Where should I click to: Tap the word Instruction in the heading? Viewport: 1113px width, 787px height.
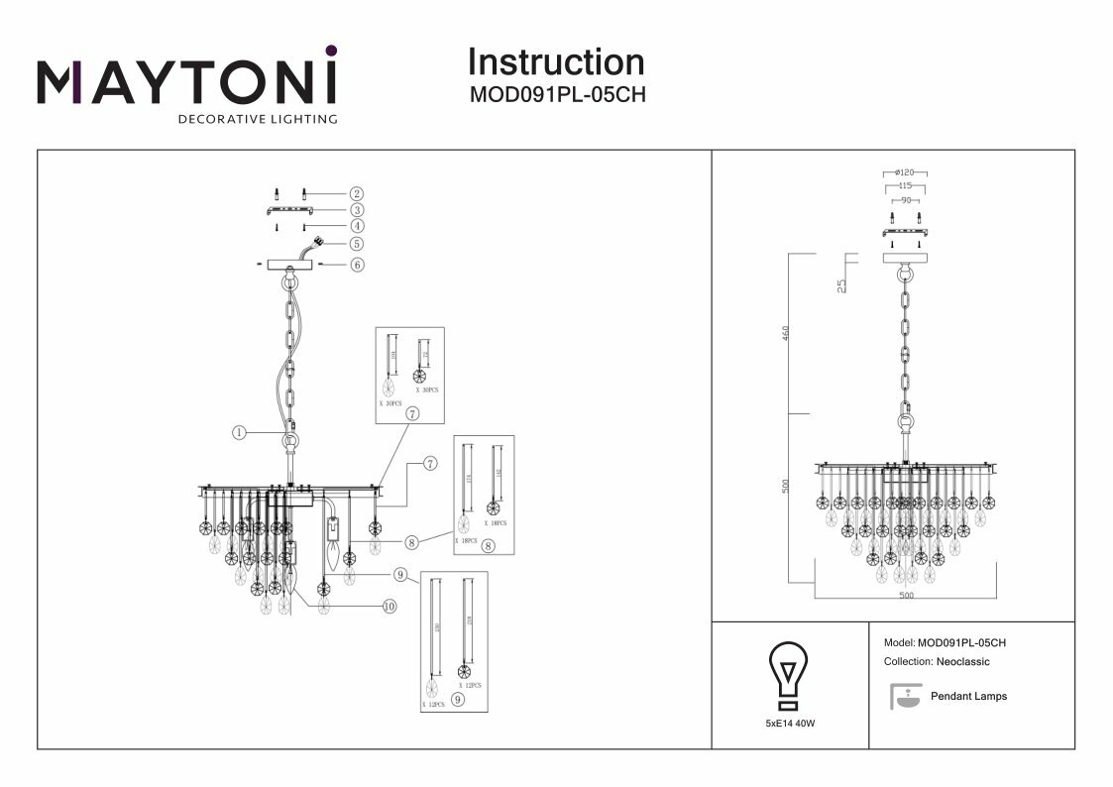pos(555,62)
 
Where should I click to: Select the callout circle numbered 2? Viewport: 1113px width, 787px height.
pos(356,194)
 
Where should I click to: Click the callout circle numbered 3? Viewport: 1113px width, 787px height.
pos(356,210)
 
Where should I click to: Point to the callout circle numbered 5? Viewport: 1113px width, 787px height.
pos(356,243)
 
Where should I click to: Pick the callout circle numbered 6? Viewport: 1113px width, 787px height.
pos(356,265)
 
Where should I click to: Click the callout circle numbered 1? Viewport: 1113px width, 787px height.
pos(239,432)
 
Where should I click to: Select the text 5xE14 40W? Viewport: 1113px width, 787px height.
pos(790,725)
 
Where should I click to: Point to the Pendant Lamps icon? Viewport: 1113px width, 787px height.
pos(903,697)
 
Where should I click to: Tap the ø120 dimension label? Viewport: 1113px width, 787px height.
pos(904,172)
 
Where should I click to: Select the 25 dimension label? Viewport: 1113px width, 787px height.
pos(841,285)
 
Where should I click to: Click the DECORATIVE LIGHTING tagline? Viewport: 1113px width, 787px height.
pos(257,119)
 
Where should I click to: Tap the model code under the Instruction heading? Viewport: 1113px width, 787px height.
pos(556,97)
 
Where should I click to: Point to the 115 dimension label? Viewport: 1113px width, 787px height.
pos(904,185)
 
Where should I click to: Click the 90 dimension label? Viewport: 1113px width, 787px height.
pos(904,200)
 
